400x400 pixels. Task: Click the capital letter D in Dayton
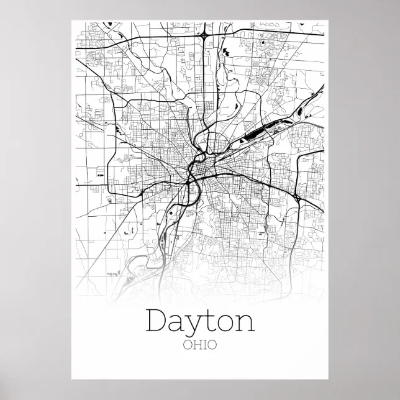pyautogui.click(x=157, y=322)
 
